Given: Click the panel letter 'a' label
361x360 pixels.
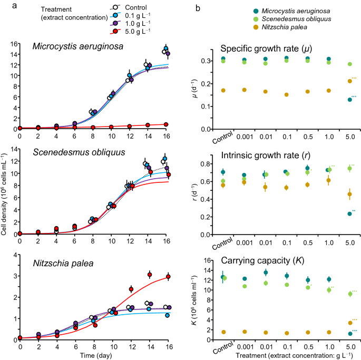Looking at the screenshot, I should pos(5,6).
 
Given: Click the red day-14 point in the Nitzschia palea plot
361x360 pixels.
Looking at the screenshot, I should pos(150,275).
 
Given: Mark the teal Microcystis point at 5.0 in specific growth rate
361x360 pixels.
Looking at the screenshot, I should pos(350,100).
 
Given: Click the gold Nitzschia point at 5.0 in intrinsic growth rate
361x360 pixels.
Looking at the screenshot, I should pos(350,194).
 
